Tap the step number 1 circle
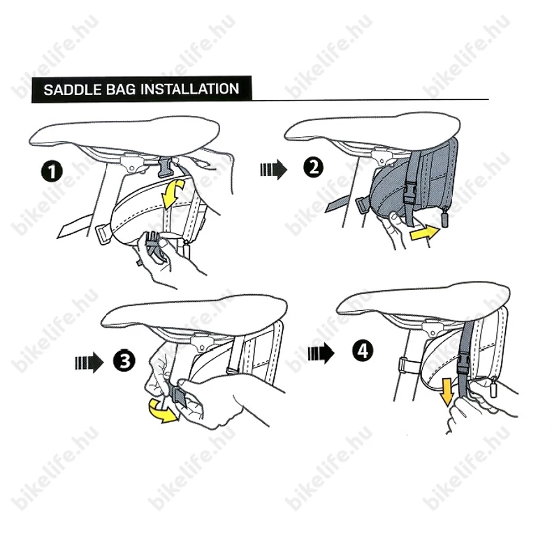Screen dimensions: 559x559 pyautogui.click(x=52, y=171)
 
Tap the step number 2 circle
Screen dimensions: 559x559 pyautogui.click(x=313, y=167)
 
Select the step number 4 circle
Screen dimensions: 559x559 pyautogui.click(x=363, y=351)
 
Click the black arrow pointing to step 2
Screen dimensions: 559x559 pyautogui.click(x=273, y=169)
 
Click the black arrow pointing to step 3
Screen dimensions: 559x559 pyautogui.click(x=89, y=363)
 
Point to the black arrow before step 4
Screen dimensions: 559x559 pyautogui.click(x=321, y=354)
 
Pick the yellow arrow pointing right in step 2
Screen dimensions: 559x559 pyautogui.click(x=425, y=233)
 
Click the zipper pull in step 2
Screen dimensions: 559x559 pyautogui.click(x=445, y=218)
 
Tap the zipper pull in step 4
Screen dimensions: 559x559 pyautogui.click(x=493, y=387)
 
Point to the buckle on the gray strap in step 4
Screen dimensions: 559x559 pyautogui.click(x=464, y=363)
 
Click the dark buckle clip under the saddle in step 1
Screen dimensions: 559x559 pyautogui.click(x=165, y=166)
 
